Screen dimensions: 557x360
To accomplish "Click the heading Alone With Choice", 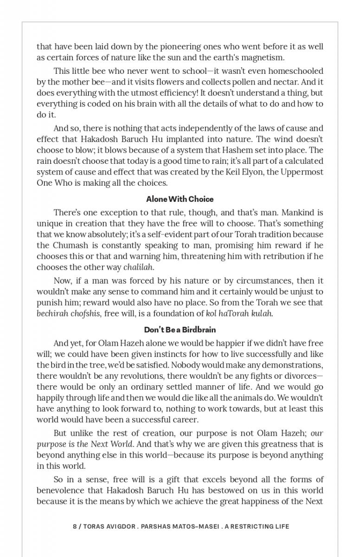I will pyautogui.click(x=180, y=199).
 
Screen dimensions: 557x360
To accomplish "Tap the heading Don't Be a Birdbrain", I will pyautogui.click(x=180, y=330).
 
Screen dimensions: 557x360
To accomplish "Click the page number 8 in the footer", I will pyautogui.click(x=75, y=526).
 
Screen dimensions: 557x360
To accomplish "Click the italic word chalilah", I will pyautogui.click(x=138, y=267).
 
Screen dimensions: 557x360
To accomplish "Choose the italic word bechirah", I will pyautogui.click(x=52, y=313).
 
